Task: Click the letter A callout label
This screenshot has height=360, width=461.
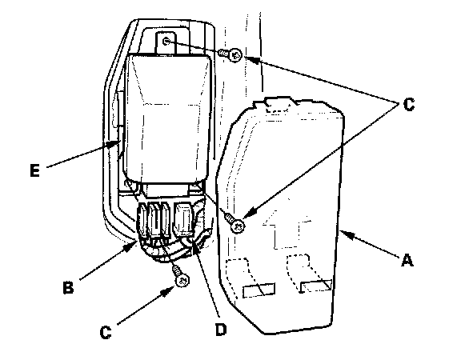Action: coord(407,261)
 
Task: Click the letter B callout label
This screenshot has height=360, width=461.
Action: coord(68,287)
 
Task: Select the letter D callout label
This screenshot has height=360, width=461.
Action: coord(221,329)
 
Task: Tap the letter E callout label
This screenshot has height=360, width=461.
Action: coord(34,170)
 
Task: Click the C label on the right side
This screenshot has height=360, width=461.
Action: coord(409,105)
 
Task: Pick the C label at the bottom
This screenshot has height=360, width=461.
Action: coord(106,332)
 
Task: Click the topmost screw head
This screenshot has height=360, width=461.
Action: coord(235,55)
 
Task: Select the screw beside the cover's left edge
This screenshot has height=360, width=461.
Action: coord(239,226)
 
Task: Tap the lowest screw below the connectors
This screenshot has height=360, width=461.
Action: coord(182,281)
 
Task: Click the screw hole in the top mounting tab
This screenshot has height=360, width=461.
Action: coord(166,42)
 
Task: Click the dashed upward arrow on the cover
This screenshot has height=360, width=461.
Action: coord(287,226)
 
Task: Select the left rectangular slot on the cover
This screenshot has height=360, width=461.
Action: coord(259,290)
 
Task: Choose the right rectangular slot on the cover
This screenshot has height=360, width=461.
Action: coord(316,286)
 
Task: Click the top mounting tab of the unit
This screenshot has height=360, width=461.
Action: coord(166,43)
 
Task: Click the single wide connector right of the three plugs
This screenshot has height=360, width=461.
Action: coord(184,219)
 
